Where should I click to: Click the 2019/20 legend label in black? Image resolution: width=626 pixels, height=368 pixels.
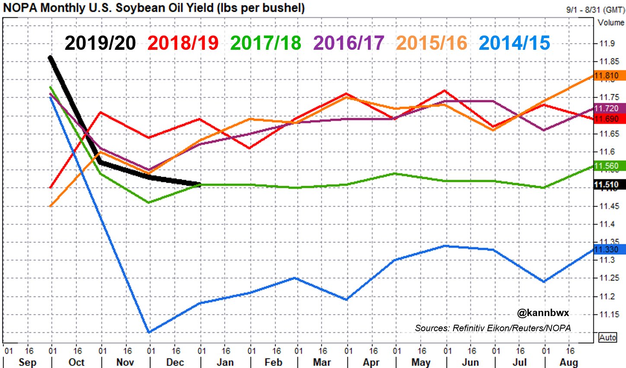pyautogui.click(x=100, y=43)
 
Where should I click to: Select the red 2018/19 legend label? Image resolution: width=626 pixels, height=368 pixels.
pyautogui.click(x=183, y=43)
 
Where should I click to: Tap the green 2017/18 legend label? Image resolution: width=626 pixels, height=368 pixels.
pyautogui.click(x=266, y=43)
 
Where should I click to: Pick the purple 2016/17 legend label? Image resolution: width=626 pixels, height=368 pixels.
pyautogui.click(x=349, y=43)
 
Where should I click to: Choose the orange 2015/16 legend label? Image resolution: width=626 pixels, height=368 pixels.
pyautogui.click(x=432, y=43)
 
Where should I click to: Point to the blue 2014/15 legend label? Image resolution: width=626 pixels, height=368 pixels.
pyautogui.click(x=514, y=43)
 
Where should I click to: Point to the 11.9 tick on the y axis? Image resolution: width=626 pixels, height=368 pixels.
pyautogui.click(x=607, y=43)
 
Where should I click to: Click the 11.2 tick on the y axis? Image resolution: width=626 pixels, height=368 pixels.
pyautogui.click(x=607, y=297)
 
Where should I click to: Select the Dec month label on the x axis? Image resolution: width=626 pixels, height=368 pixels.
pyautogui.click(x=175, y=362)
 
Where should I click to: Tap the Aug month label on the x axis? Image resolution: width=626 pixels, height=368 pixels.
pyautogui.click(x=569, y=362)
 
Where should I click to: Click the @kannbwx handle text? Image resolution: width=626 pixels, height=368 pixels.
pyautogui.click(x=543, y=313)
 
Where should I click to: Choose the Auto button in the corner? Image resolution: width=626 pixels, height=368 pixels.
pyautogui.click(x=607, y=337)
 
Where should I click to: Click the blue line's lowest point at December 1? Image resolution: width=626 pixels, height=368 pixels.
pyautogui.click(x=149, y=332)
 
